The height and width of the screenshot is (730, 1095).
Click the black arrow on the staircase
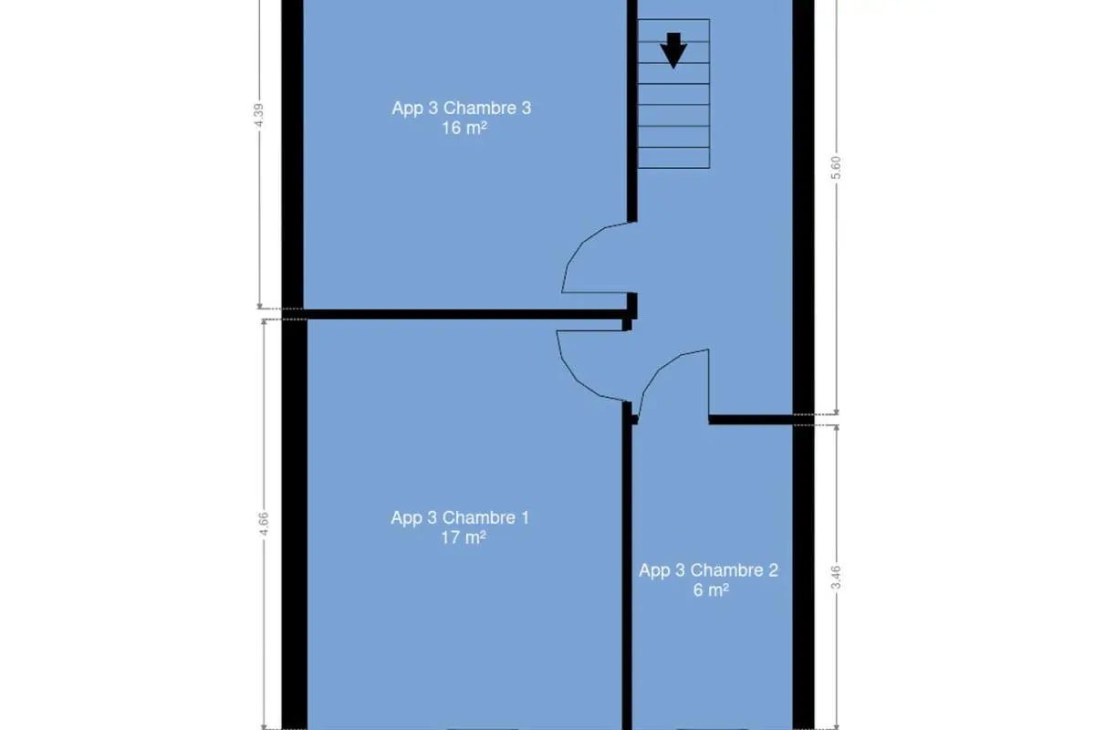click(673, 50)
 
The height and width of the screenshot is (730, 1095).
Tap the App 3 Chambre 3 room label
click(462, 108)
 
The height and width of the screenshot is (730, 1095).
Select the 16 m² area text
click(464, 128)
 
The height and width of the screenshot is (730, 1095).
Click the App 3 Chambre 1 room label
click(460, 517)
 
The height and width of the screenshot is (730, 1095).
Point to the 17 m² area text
click(464, 537)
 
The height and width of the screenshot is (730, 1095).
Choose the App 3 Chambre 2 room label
click(709, 570)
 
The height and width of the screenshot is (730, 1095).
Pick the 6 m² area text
click(711, 590)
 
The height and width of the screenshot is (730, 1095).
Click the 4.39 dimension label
click(259, 115)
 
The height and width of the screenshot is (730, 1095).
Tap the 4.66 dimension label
click(264, 524)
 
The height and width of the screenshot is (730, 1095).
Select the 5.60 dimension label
click(837, 167)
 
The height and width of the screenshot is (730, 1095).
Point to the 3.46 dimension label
click(837, 577)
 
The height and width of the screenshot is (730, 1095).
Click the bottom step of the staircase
click(673, 158)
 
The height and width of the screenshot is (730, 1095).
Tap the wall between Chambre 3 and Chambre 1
click(464, 315)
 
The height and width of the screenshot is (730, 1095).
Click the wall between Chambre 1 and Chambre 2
click(627, 568)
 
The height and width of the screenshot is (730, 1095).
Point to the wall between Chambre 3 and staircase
click(632, 111)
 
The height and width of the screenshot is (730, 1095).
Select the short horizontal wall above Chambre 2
click(751, 420)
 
